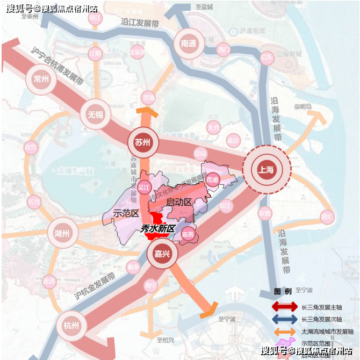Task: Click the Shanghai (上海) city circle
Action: coord(267,170)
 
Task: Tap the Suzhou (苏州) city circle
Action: coord(142,143)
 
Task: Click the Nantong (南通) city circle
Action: coord(189,44)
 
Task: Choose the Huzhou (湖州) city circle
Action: coord(62,234)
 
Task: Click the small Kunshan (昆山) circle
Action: coord(200,153)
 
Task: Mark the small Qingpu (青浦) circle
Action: coord(212,179)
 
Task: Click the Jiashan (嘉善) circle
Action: coord(188,234)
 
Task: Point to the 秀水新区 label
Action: coord(158,228)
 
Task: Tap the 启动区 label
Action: coord(179,202)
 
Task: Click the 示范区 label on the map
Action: coord(126,213)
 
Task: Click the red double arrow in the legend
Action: coord(285,307)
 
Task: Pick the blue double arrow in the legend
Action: coord(285,319)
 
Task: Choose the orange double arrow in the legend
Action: coord(285,332)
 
